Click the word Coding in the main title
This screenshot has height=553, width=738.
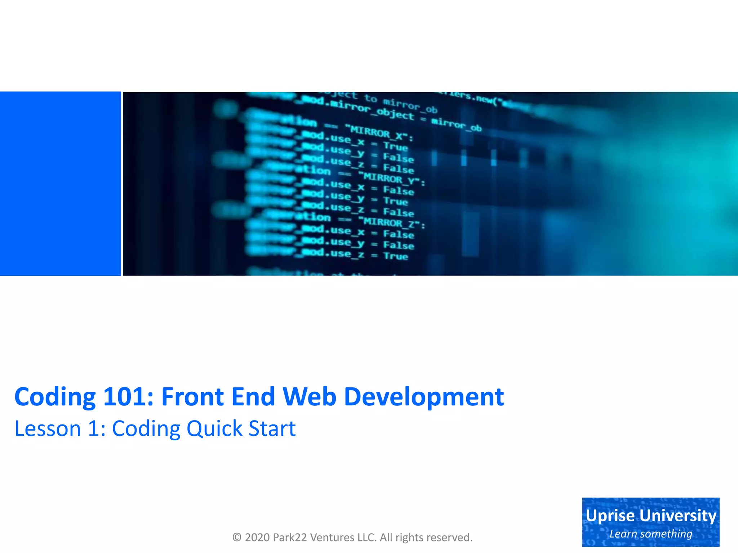pos(55,397)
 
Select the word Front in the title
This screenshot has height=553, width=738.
pos(192,396)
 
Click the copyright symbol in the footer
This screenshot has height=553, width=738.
pos(237,537)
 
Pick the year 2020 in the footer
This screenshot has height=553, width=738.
pos(257,537)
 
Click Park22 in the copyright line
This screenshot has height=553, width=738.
pos(290,537)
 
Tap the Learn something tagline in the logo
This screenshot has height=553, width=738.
pos(651,534)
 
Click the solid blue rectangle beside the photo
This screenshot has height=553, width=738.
pos(60,184)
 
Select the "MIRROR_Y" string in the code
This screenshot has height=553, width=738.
pos(391,179)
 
